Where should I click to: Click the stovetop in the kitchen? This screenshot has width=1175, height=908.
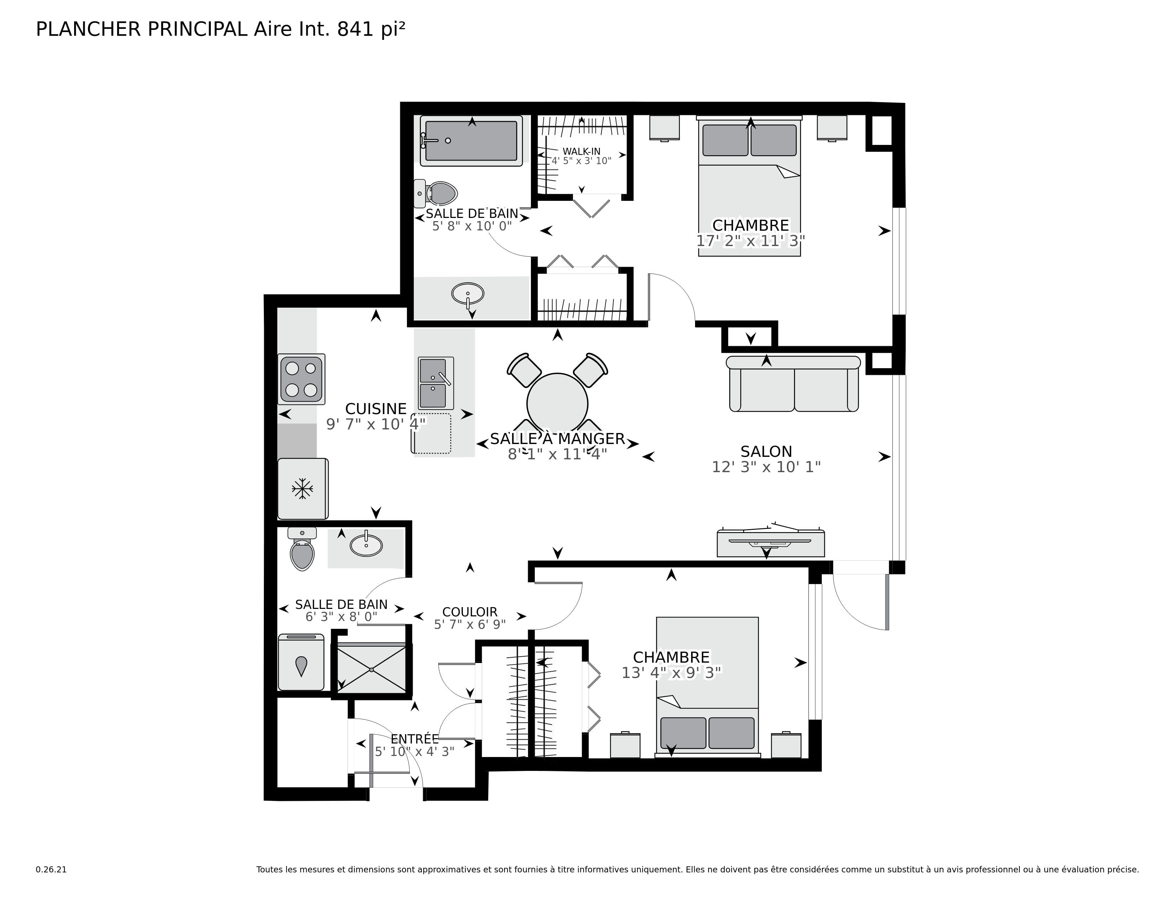coord(301,379)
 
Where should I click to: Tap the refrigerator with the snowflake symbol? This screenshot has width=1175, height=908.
coord(302,489)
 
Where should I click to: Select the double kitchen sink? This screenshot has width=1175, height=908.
coord(435,383)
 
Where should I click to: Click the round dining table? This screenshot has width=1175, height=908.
coord(557,403)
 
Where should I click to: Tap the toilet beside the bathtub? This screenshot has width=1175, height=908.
coord(437,193)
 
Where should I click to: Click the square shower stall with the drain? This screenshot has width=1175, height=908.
coord(371,670)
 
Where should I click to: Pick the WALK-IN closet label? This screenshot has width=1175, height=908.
coord(581,152)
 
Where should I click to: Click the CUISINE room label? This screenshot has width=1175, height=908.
coord(376,409)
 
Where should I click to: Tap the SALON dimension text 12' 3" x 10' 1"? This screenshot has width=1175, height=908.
coord(766,467)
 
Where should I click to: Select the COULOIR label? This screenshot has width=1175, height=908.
coord(470,612)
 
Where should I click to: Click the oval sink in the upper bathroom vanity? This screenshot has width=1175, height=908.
coord(468,294)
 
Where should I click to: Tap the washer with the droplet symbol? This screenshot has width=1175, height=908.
coord(301,663)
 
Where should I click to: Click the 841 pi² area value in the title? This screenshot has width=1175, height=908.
coord(371,29)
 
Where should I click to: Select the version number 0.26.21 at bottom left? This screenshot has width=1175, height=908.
coord(51,869)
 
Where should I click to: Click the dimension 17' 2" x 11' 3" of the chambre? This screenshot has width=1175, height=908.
coord(750,241)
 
